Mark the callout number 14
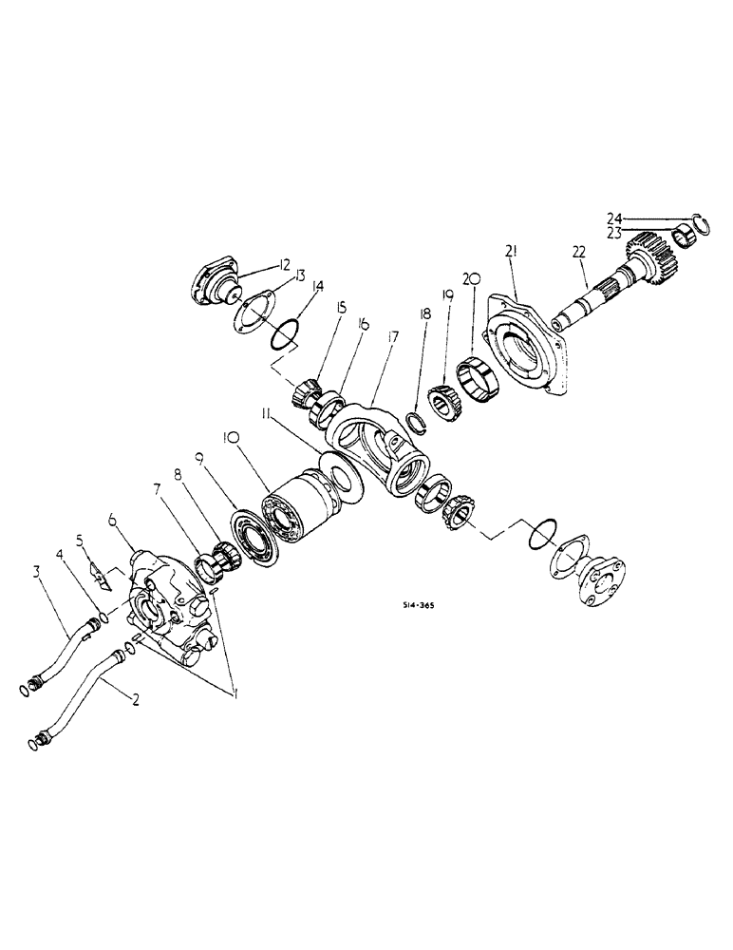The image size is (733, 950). coord(318,285)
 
